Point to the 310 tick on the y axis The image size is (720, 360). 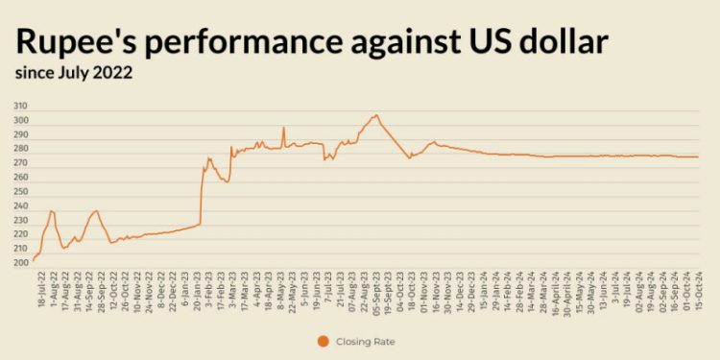point(20,107)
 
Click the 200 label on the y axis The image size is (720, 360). point(20,263)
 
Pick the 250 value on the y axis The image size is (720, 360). point(20,192)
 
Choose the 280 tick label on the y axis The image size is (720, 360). point(20,150)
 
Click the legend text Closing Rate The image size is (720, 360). point(367,340)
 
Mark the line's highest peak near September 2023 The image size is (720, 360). point(375,115)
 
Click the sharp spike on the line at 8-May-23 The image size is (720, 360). point(283,128)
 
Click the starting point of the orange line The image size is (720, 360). point(33,260)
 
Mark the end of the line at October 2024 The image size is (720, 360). point(698,156)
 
